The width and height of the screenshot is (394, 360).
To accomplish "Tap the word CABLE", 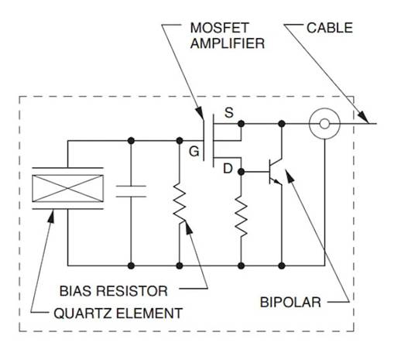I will (x=331, y=28).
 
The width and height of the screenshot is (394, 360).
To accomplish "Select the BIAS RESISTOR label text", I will (x=113, y=292).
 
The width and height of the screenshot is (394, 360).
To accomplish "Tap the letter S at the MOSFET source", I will (x=228, y=113).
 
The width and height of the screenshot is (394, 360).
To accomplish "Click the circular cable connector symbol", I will (x=322, y=124).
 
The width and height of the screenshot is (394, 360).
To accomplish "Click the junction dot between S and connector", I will (x=282, y=124).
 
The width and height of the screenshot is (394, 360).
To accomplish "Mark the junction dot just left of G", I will (x=179, y=141).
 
